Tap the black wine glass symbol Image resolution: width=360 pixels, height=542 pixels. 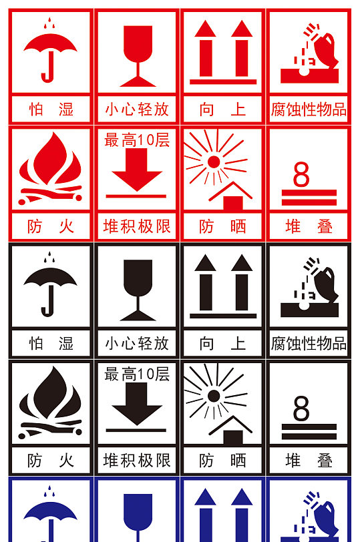point(138,287)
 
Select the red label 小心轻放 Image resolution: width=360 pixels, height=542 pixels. point(137,109)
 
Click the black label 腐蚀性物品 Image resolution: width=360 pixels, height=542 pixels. point(309,344)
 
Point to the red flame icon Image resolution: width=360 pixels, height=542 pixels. point(51,168)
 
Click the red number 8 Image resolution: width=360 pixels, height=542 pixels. point(301,174)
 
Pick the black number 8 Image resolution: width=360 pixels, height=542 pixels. point(301,409)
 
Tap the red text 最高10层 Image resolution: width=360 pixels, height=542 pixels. point(137,140)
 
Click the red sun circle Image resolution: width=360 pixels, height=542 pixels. point(214,161)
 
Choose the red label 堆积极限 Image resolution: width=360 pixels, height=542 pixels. point(137,226)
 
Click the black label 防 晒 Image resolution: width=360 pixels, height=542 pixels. point(223,461)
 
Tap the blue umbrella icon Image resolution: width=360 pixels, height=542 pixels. point(50,517)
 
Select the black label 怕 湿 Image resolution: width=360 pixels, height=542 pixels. point(51,344)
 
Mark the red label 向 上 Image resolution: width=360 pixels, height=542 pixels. point(223,109)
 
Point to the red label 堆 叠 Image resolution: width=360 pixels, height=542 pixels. point(309,226)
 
